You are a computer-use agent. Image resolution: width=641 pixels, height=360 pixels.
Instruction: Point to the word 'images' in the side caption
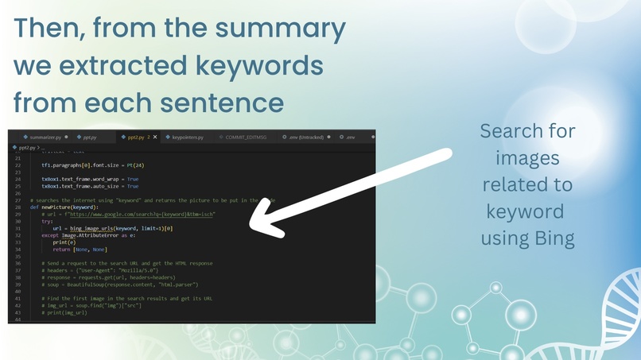coord(527,157)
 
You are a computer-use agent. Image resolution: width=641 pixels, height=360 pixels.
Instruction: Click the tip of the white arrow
coord(253,226)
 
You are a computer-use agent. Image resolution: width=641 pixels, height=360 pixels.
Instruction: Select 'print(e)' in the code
coord(62,243)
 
